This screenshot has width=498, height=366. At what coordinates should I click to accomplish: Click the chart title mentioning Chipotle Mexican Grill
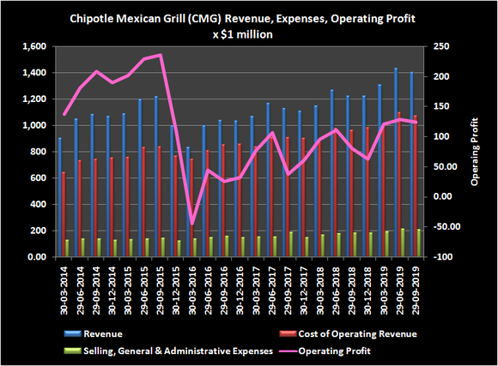[248, 19]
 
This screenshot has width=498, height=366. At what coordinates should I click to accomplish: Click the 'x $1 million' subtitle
[248, 34]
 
